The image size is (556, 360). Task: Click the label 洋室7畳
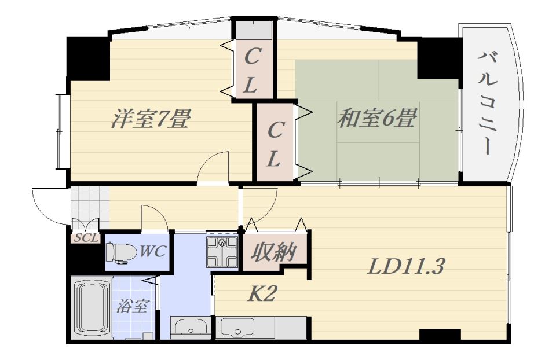click(x=151, y=119)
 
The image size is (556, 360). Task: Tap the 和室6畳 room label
click(x=376, y=119)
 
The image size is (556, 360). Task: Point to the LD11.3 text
click(x=406, y=267)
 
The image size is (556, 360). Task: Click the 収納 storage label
click(x=274, y=252)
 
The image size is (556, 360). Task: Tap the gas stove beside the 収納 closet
click(x=222, y=250)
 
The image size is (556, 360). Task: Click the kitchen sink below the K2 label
click(x=237, y=329)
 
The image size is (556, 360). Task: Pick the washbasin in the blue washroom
click(x=189, y=328)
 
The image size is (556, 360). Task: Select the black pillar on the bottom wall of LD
click(x=440, y=335)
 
